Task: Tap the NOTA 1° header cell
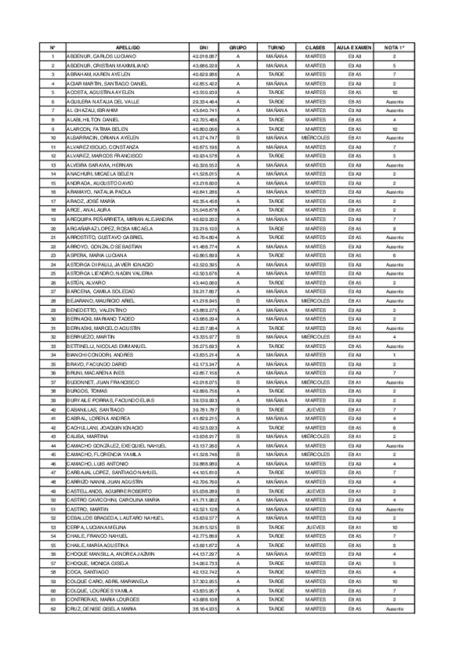click(x=394, y=47)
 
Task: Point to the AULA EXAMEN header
click(x=355, y=47)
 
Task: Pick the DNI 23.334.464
click(x=204, y=102)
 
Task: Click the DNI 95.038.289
click(x=204, y=491)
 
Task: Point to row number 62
click(x=53, y=609)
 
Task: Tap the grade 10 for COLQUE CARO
click(x=394, y=581)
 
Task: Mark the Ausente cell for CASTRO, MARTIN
click(x=394, y=509)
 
